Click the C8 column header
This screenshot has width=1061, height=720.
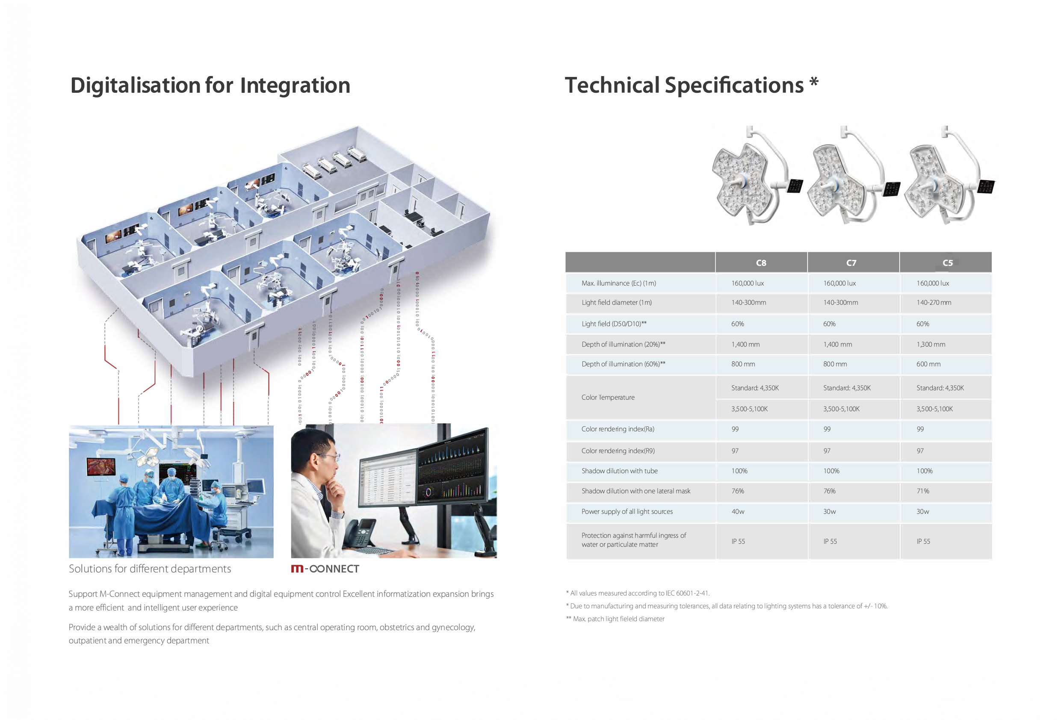(761, 263)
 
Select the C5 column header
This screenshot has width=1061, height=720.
(947, 263)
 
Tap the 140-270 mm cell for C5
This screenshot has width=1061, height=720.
(934, 302)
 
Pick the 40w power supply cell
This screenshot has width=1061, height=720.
(738, 511)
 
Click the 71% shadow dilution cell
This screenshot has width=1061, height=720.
(923, 491)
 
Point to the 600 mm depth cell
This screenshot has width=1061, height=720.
(928, 364)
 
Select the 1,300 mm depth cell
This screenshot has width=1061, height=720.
(931, 344)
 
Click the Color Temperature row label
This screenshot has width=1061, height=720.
(608, 397)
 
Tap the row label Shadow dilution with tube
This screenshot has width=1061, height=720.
(620, 471)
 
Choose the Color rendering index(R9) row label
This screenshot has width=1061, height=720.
(618, 451)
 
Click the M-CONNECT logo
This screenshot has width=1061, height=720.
(325, 568)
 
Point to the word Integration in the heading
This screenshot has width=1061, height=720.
(295, 86)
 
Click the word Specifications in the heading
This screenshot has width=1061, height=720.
(734, 86)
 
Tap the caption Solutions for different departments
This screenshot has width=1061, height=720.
(150, 568)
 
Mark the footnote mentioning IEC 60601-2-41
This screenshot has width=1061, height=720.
(637, 593)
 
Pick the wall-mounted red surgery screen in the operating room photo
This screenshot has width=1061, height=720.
(101, 466)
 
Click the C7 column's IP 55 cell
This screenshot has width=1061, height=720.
(830, 541)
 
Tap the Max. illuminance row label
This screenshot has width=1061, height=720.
(619, 283)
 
